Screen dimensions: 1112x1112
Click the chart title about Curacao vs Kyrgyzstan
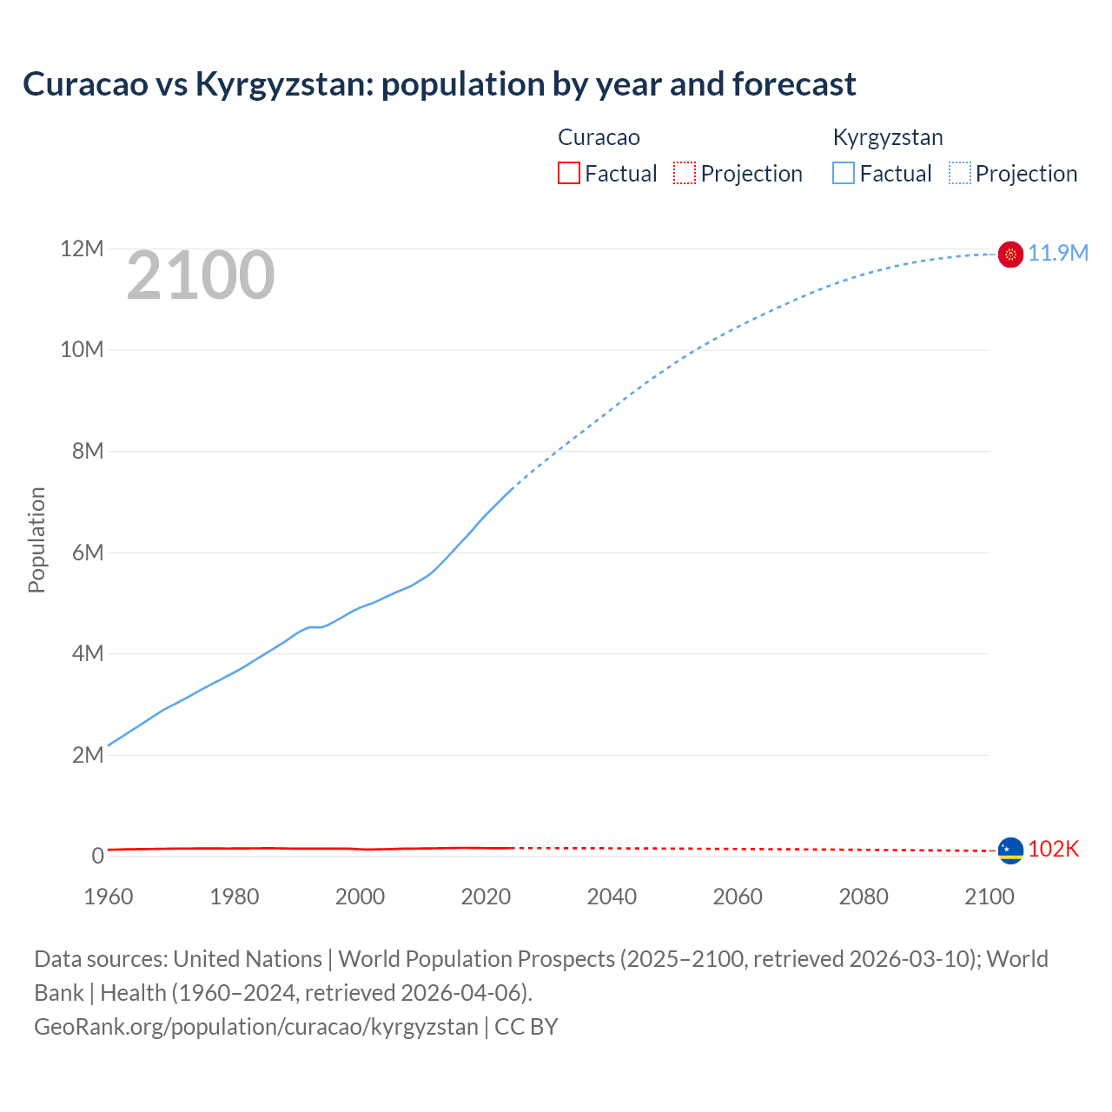point(440,84)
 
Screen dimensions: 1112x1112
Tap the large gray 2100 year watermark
point(201,275)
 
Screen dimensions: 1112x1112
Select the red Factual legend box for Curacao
point(568,173)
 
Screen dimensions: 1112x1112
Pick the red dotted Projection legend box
point(685,173)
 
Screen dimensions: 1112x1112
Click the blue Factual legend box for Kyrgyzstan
point(843,173)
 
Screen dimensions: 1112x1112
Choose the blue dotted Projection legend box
point(959,173)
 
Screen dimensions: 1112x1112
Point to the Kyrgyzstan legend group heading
point(887,137)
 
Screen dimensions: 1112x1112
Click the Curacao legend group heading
point(599,137)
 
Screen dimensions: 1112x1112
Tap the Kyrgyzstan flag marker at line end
point(1010,254)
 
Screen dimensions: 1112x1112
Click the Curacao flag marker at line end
point(1010,851)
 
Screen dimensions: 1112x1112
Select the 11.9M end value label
point(1058,253)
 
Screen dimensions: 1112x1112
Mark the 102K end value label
point(1053,849)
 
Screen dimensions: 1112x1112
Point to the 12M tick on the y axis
point(82,249)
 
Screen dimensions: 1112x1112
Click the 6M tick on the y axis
point(87,553)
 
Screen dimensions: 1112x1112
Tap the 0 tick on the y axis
point(97,856)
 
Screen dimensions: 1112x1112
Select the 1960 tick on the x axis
point(109,897)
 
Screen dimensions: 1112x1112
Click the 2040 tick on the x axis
point(612,897)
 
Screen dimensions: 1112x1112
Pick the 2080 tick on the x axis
point(864,897)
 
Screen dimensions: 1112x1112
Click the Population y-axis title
point(36,539)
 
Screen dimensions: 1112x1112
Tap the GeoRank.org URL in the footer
point(256,1026)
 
